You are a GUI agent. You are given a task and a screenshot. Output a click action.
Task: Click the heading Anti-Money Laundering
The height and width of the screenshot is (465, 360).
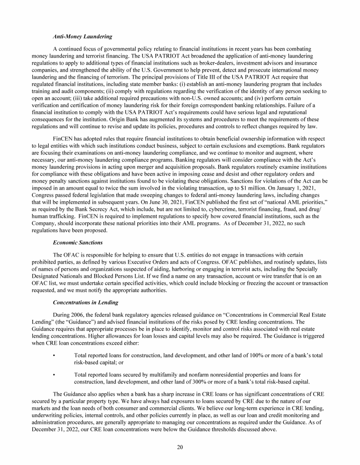pyautogui.click(x=82, y=36)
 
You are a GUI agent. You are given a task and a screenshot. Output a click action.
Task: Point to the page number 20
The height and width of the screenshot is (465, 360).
pyautogui.click(x=180, y=446)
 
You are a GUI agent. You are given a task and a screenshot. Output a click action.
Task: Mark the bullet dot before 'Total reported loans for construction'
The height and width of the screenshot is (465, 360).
pyautogui.click(x=55, y=356)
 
